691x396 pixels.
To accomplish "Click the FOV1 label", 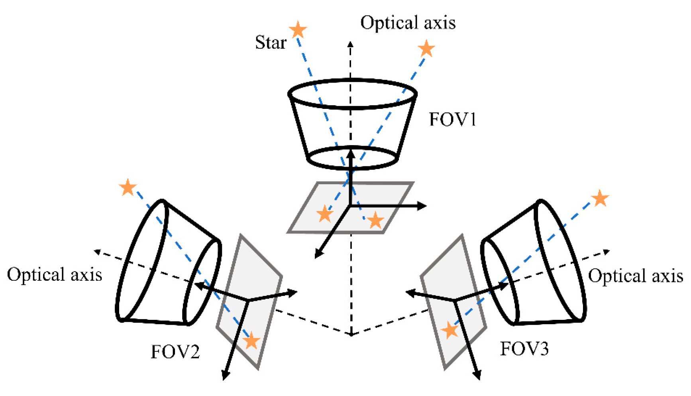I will pos(452,119).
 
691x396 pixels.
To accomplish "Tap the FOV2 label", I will pos(175,352).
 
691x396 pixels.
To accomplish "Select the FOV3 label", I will pos(524,349).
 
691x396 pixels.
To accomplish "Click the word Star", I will pos(271,42).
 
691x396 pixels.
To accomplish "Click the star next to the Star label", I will pos(298,30).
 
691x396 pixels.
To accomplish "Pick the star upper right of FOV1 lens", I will pos(426,49).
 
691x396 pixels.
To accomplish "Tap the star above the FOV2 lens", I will pos(128,187).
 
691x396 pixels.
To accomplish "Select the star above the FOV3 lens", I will pos(600,198).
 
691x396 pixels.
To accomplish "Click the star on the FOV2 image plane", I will pos(251,341).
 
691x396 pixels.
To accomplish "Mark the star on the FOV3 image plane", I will pos(450,330).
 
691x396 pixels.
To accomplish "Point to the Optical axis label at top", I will pos(408,23).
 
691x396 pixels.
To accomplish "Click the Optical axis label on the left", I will pos(55,275).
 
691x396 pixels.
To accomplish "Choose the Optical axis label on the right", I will pos(635,276).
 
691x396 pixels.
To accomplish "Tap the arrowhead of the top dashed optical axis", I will pos(350,43).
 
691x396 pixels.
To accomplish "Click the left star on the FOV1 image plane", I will pos(325,214).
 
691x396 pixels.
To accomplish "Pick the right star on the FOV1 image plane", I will pos(375,220).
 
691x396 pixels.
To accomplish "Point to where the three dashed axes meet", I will pos(351,334).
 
